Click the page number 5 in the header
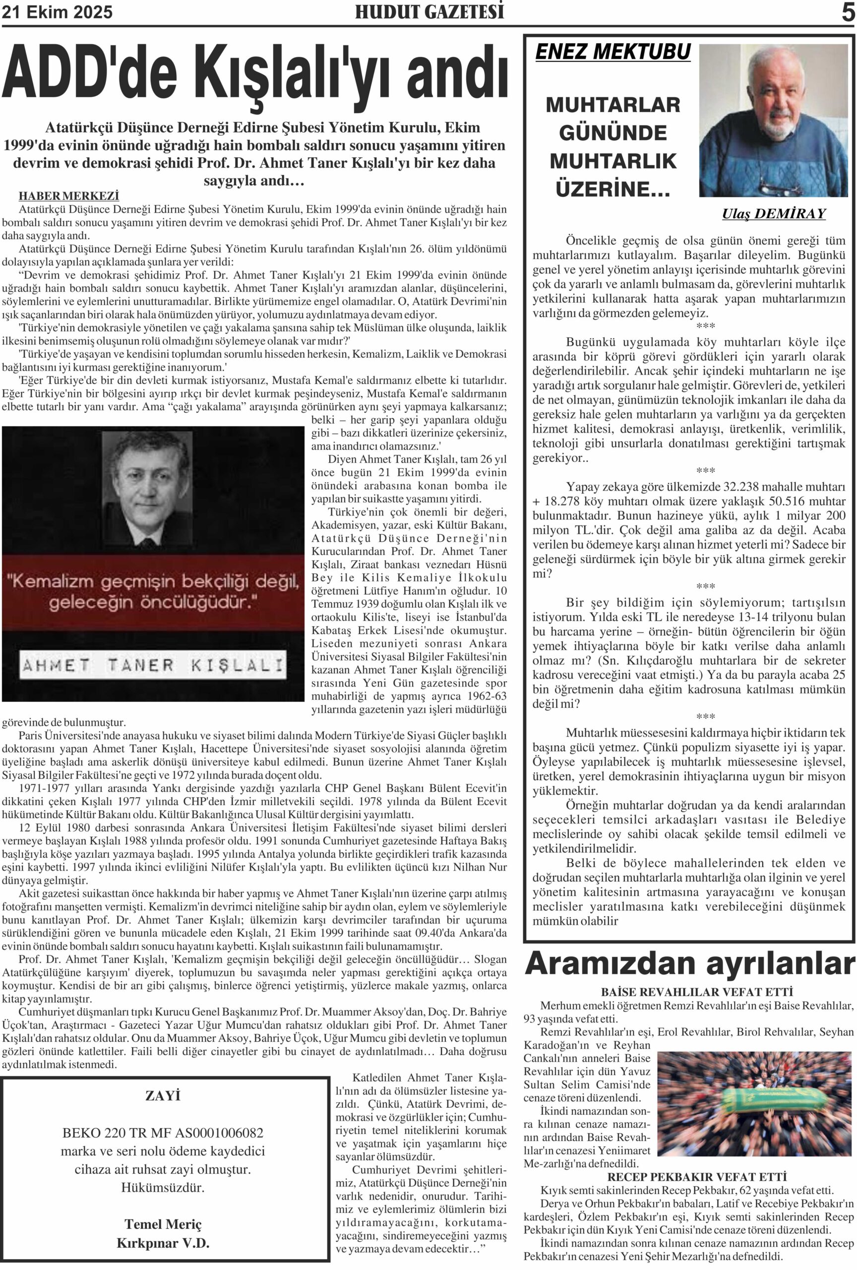click(x=847, y=12)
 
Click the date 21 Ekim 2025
click(x=57, y=12)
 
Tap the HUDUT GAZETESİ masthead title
click(x=429, y=12)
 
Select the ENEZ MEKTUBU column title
click(x=613, y=52)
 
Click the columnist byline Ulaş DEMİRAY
click(x=773, y=214)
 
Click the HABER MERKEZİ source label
click(x=69, y=195)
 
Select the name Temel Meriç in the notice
click(x=163, y=1223)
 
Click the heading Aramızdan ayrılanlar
click(x=689, y=965)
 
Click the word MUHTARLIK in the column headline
click(x=613, y=161)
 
